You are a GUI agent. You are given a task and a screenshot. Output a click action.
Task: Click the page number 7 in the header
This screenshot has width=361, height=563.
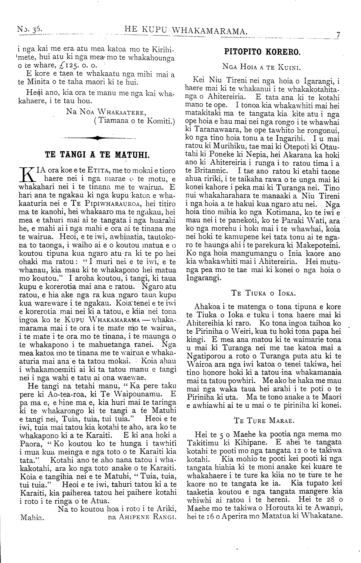338,35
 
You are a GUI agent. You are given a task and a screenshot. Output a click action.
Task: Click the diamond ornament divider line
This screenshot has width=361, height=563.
97,138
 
